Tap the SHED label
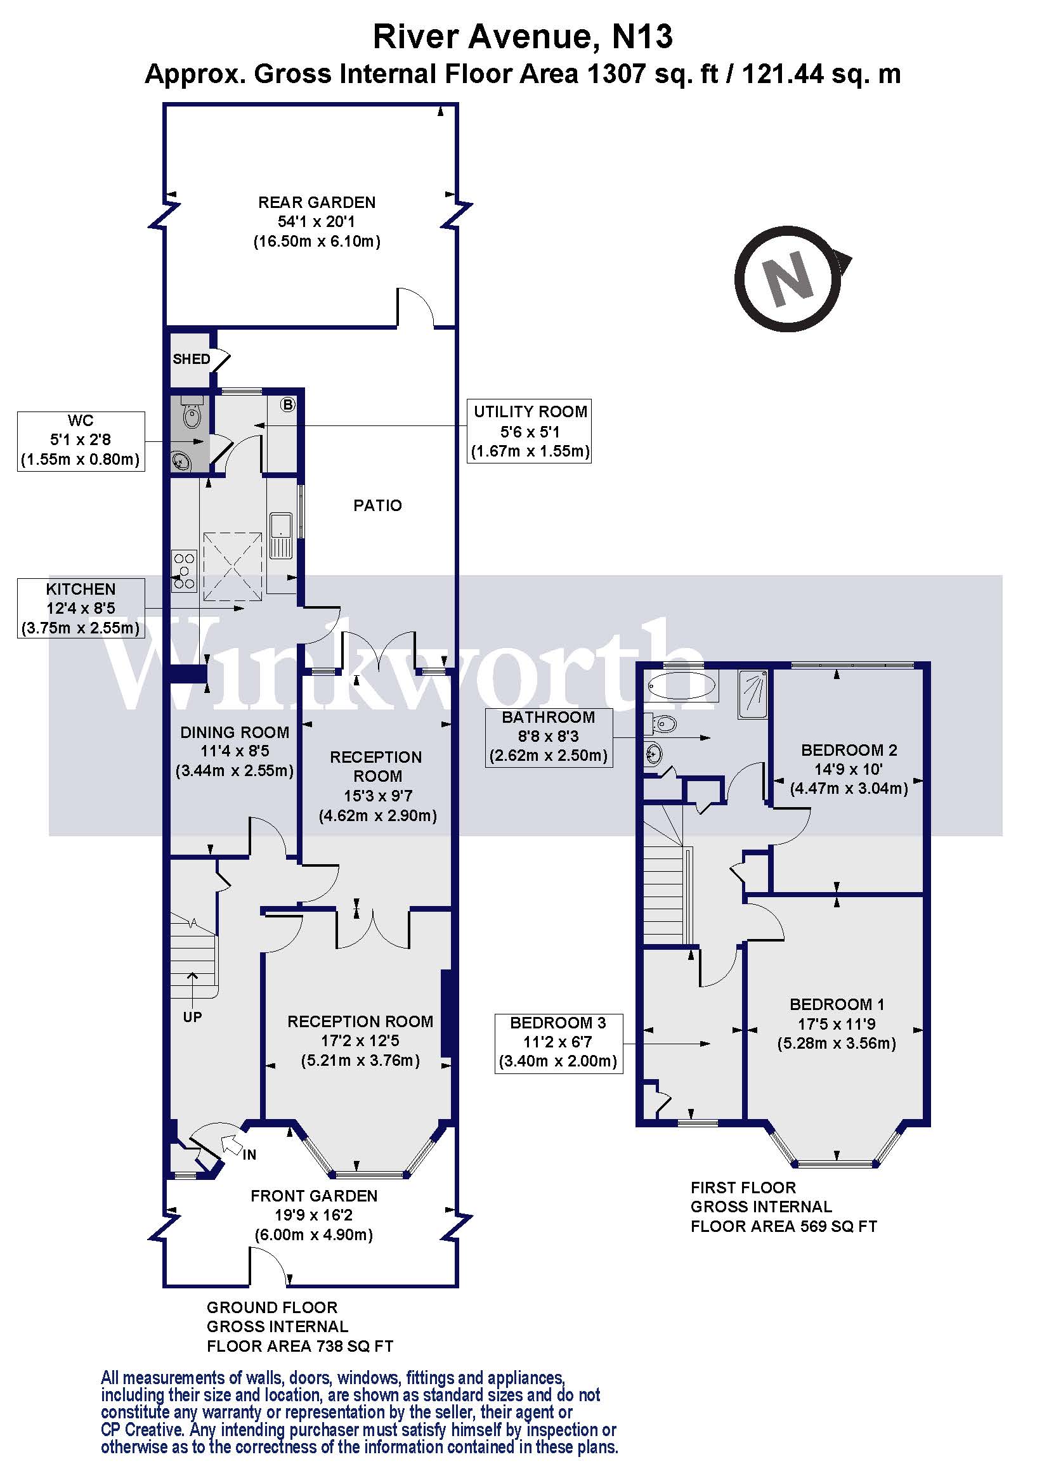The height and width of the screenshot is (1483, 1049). pyautogui.click(x=191, y=359)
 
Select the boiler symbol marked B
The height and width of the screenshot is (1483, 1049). pyautogui.click(x=288, y=405)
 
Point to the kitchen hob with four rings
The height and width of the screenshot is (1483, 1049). pyautogui.click(x=184, y=571)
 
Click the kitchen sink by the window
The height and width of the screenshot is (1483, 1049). pyautogui.click(x=281, y=536)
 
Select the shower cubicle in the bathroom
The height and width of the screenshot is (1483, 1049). pyautogui.click(x=753, y=694)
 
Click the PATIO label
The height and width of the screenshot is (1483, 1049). pyautogui.click(x=377, y=505)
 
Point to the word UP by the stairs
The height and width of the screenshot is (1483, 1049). pyautogui.click(x=193, y=1017)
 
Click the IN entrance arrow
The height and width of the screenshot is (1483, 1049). pyautogui.click(x=230, y=1145)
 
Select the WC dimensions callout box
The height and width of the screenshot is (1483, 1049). pyautogui.click(x=81, y=441)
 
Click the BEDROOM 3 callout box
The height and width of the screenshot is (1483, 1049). pyautogui.click(x=558, y=1043)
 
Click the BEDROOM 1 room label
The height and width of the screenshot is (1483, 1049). pyautogui.click(x=837, y=1005)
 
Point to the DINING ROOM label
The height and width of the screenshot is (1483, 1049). pyautogui.click(x=235, y=732)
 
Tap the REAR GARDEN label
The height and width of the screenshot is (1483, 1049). pyautogui.click(x=316, y=202)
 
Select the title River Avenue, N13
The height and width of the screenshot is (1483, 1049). pyautogui.click(x=523, y=36)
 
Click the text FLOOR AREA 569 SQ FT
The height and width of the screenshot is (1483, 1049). pyautogui.click(x=783, y=1227)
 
